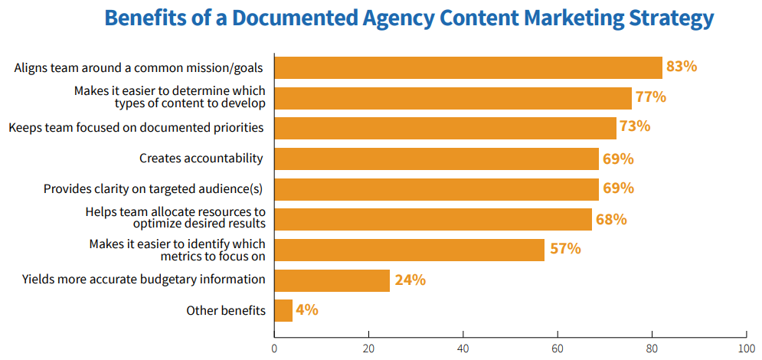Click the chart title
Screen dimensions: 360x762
[x=409, y=18]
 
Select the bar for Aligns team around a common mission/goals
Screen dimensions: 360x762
[x=468, y=67]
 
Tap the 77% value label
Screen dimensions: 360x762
[x=651, y=97]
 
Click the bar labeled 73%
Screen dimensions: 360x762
[x=445, y=128]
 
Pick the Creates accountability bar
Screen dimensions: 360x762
[x=437, y=159]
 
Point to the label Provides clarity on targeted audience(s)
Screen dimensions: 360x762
[x=154, y=188]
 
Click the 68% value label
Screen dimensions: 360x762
[x=611, y=219]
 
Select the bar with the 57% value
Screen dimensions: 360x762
[x=409, y=250]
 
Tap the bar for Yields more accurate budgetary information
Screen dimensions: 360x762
[x=332, y=280]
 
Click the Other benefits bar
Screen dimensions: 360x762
[x=283, y=310]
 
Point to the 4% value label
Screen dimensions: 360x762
[x=307, y=310]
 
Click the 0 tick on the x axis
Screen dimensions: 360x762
[x=274, y=348]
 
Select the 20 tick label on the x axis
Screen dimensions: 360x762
[x=368, y=348]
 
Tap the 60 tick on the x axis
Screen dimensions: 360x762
[x=558, y=348]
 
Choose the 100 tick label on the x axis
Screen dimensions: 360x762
[x=746, y=348]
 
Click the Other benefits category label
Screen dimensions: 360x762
[x=226, y=310]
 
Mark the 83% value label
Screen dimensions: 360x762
[x=682, y=67]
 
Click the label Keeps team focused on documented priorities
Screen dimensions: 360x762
[x=136, y=127]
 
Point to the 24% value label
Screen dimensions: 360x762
[x=410, y=280]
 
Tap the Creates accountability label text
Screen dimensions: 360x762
[x=201, y=159]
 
